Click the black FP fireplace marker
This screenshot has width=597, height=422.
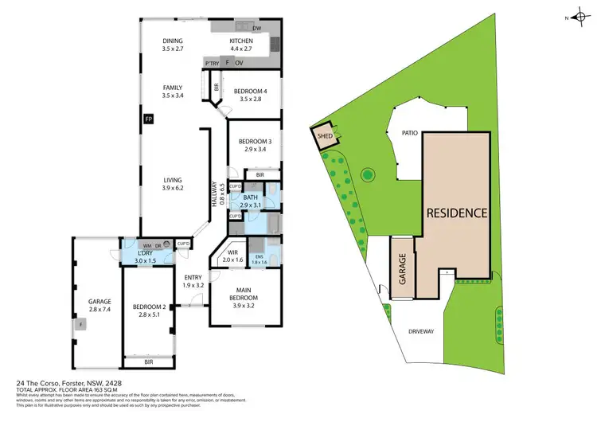pos(148,119)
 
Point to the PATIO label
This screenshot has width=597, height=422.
pos(410,134)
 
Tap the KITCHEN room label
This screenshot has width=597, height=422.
pos(241,41)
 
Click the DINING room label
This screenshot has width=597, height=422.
pos(173,41)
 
